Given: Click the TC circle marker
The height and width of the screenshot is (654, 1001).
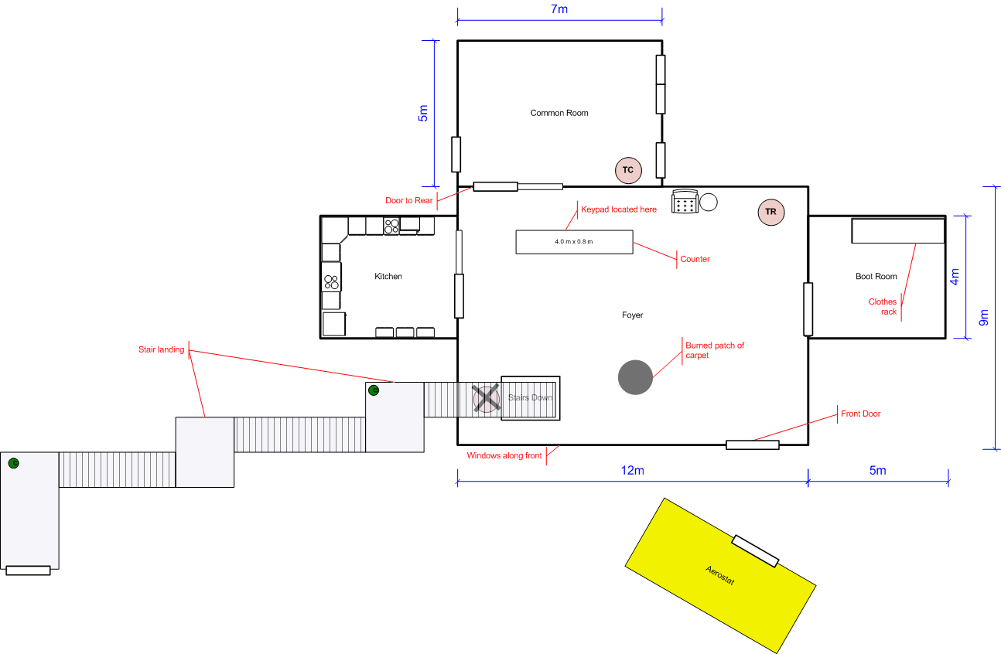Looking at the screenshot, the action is pyautogui.click(x=628, y=170).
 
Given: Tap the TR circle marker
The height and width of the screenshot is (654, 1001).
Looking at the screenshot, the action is pyautogui.click(x=770, y=212).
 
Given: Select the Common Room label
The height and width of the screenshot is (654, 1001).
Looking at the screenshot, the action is pyautogui.click(x=559, y=113).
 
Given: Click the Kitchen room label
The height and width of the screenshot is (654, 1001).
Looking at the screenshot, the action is pyautogui.click(x=388, y=277).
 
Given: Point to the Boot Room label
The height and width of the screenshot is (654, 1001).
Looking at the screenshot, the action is pyautogui.click(x=876, y=277).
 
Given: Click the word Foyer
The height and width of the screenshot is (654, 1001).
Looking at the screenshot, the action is pyautogui.click(x=632, y=315).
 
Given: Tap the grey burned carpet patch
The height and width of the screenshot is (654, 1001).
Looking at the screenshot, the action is pyautogui.click(x=635, y=377).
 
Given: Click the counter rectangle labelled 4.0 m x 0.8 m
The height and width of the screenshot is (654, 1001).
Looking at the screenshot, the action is pyautogui.click(x=574, y=242).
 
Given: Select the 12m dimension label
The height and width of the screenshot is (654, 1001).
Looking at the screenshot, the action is pyautogui.click(x=632, y=470).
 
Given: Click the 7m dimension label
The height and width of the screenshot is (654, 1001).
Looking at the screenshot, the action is pyautogui.click(x=559, y=9).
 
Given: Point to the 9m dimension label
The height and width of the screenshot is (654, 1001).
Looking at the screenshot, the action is pyautogui.click(x=983, y=317).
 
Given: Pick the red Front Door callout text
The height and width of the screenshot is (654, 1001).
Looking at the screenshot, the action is pyautogui.click(x=861, y=414).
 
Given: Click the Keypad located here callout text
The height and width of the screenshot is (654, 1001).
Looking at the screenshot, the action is pyautogui.click(x=619, y=209).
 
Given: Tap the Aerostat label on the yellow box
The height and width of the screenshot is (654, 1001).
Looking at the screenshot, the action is pyautogui.click(x=720, y=575).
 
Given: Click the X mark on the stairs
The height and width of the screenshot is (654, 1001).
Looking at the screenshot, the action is pyautogui.click(x=487, y=398).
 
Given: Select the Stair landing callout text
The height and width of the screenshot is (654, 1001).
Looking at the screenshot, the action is pyautogui.click(x=162, y=349).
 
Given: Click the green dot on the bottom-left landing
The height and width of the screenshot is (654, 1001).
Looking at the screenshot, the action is pyautogui.click(x=14, y=463).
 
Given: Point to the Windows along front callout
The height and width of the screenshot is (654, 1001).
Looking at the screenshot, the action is pyautogui.click(x=504, y=455).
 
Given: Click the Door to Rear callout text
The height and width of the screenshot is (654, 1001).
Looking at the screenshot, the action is pyautogui.click(x=409, y=200).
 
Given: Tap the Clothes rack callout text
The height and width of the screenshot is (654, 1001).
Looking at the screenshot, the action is pyautogui.click(x=883, y=307).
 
